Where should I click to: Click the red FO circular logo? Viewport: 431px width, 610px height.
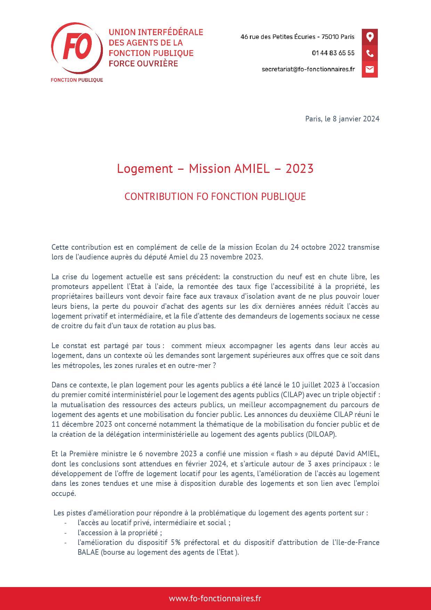click(x=77, y=48)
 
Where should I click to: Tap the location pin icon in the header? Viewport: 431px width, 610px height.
click(x=369, y=37)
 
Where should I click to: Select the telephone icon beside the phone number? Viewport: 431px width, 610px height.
click(x=369, y=53)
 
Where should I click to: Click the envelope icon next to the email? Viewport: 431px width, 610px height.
click(x=369, y=69)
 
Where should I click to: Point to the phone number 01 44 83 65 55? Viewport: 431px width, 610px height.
click(x=333, y=53)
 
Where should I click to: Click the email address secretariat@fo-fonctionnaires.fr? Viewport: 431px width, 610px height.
click(x=308, y=69)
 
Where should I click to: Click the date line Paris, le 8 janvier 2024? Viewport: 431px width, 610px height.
click(x=342, y=119)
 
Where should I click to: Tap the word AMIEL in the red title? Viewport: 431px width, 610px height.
click(x=252, y=169)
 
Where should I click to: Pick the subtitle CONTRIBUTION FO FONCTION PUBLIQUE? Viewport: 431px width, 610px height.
click(x=215, y=196)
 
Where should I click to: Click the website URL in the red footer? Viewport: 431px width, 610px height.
click(x=215, y=598)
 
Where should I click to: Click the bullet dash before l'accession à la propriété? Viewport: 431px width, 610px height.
click(x=65, y=533)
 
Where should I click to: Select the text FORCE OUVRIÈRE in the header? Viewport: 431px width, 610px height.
click(x=143, y=64)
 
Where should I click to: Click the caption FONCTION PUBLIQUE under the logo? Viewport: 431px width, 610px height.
click(x=77, y=80)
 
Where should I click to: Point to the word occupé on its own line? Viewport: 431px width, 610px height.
click(x=63, y=493)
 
